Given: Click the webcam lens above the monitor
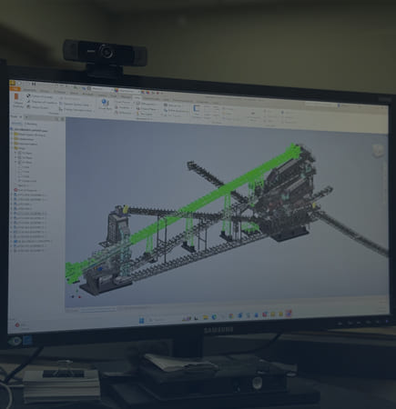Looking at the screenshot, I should (x=103, y=52).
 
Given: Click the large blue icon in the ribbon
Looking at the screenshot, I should (x=106, y=105).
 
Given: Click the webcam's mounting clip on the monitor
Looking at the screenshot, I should (x=103, y=69).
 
